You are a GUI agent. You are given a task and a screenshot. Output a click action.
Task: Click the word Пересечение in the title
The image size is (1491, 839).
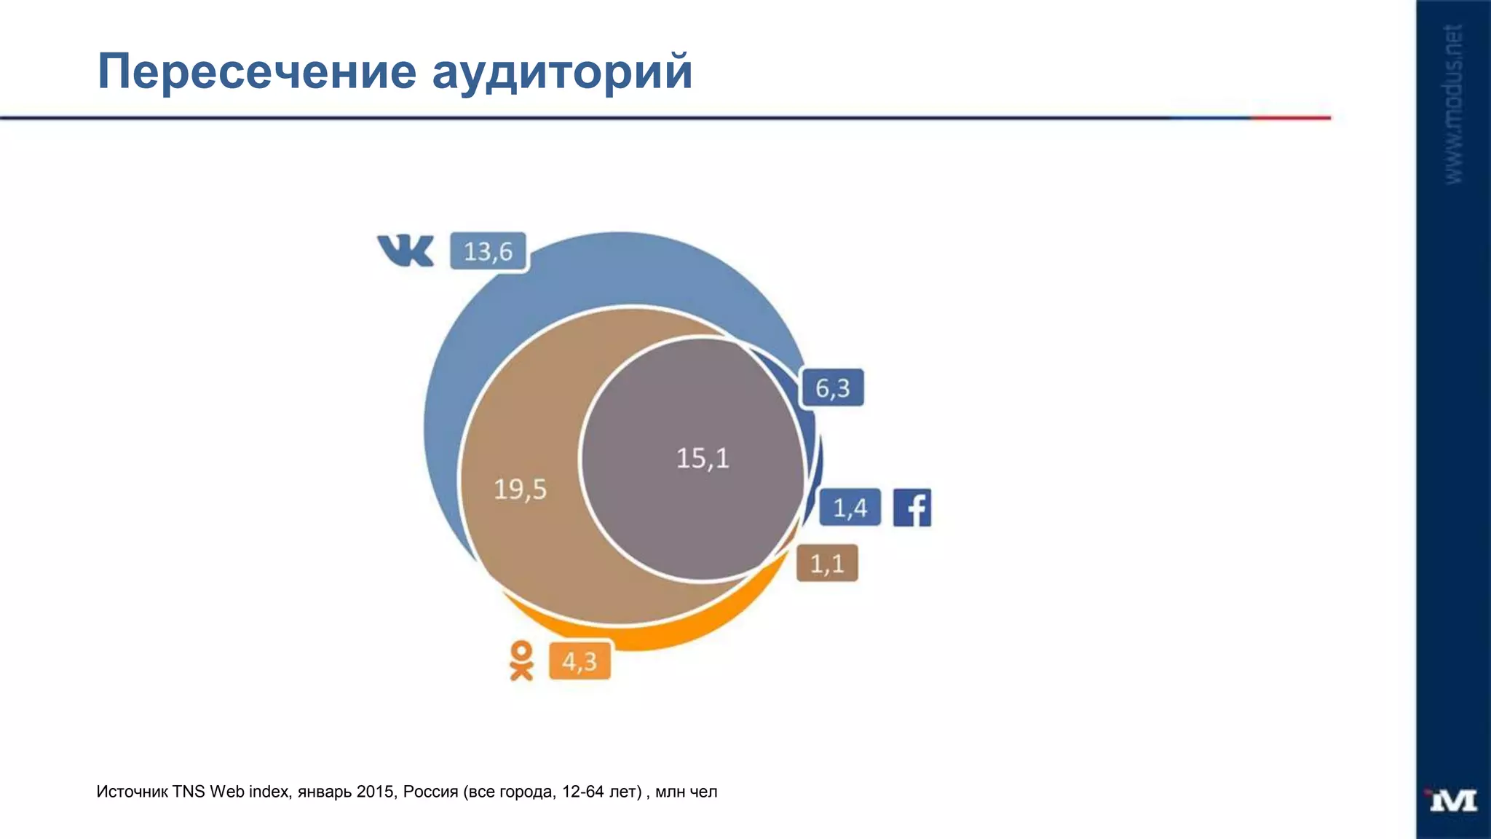click(256, 71)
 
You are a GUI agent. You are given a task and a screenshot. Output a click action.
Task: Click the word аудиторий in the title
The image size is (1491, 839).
click(561, 71)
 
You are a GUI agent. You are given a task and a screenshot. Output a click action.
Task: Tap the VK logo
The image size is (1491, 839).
click(406, 251)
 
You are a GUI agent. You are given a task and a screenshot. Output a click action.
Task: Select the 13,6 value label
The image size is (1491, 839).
click(488, 252)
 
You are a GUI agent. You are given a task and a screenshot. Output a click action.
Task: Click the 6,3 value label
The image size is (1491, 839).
click(832, 388)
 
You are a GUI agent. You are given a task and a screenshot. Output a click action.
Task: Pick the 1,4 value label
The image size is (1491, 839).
click(850, 508)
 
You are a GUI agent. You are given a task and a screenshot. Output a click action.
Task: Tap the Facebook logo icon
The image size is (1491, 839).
click(912, 508)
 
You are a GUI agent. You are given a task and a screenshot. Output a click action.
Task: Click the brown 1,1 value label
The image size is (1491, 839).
click(827, 564)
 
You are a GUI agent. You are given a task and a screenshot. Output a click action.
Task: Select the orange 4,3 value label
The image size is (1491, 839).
click(580, 662)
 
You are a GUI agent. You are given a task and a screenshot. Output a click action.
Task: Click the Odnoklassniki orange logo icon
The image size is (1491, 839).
click(521, 661)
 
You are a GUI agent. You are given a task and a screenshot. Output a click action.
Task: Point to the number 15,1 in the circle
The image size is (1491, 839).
click(703, 459)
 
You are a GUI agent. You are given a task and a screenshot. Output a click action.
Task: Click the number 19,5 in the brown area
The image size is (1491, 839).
click(520, 489)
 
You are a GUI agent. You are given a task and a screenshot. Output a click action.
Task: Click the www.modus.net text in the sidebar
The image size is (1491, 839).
click(1453, 104)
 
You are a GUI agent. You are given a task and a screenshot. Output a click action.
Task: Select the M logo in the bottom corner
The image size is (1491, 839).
click(1452, 800)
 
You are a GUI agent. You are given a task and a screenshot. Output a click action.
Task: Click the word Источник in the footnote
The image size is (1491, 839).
click(132, 792)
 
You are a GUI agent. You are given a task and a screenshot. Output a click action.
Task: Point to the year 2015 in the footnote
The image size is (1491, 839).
click(376, 792)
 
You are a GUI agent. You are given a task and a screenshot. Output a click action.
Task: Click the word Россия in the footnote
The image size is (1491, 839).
click(430, 792)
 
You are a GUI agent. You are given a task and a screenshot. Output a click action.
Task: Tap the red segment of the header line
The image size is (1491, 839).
click(1290, 117)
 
